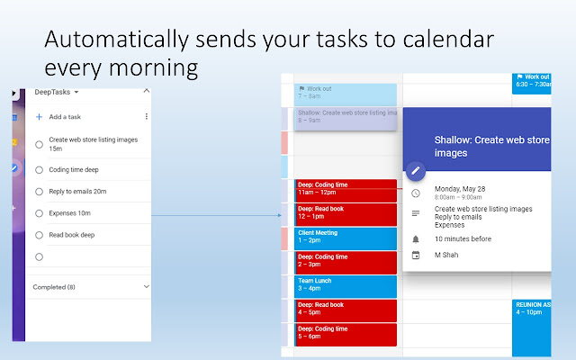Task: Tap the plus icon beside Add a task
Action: click(x=39, y=117)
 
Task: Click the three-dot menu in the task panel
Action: click(x=147, y=117)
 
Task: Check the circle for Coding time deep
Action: click(x=39, y=169)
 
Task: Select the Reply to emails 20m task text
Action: click(x=78, y=191)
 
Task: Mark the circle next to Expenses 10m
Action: click(x=39, y=213)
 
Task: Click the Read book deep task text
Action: click(x=72, y=235)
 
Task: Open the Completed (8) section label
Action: click(x=54, y=287)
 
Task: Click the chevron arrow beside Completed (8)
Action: click(x=147, y=287)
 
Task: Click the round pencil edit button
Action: click(x=415, y=170)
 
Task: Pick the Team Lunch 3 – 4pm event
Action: click(x=346, y=285)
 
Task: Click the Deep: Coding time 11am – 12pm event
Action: click(x=346, y=189)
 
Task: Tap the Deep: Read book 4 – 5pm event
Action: click(x=346, y=310)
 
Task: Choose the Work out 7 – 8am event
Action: click(x=346, y=94)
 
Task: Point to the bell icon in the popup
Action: click(x=415, y=239)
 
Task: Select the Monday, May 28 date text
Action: click(x=459, y=190)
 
